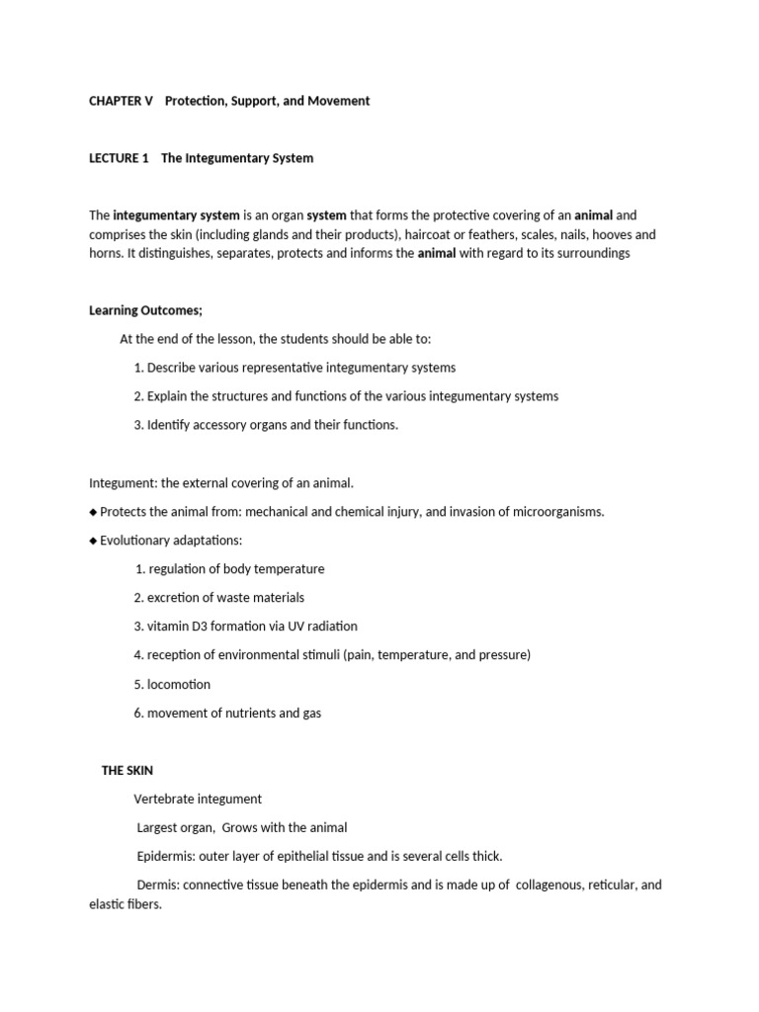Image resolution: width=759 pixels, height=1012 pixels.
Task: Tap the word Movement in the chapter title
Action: tap(339, 101)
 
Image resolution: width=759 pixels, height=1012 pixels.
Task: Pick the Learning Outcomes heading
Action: tap(145, 310)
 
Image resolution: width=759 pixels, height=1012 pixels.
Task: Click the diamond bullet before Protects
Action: tap(93, 512)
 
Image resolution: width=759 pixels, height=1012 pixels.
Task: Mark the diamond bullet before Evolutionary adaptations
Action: tap(93, 541)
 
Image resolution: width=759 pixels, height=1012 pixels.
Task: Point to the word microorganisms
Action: tap(555, 512)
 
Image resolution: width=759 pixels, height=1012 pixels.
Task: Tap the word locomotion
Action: tap(179, 684)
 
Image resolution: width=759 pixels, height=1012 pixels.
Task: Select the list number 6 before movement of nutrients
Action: tap(138, 713)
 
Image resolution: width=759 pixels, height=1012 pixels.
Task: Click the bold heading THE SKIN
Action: tap(127, 770)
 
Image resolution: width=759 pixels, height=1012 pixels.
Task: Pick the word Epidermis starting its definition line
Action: tap(168, 856)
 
